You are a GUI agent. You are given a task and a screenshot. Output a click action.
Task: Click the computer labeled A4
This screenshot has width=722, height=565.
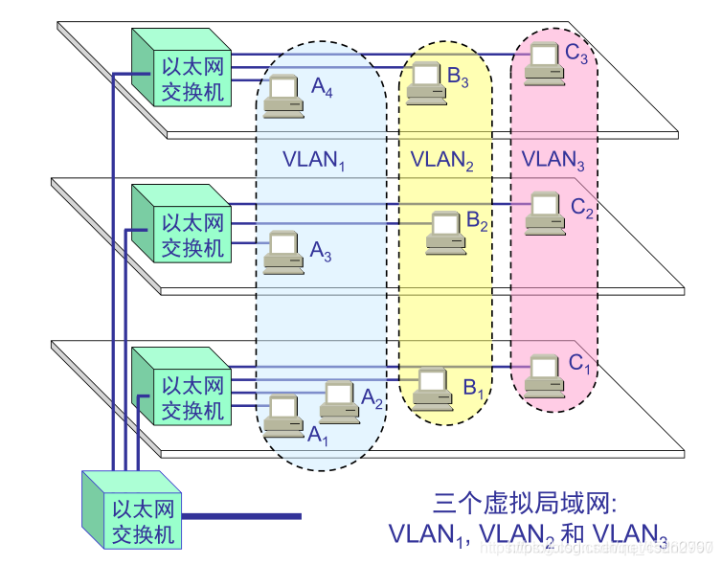[284, 95]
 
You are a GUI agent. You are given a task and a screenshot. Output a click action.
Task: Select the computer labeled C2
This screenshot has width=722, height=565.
[544, 212]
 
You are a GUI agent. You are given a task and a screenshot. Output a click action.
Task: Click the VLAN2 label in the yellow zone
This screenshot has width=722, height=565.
[441, 159]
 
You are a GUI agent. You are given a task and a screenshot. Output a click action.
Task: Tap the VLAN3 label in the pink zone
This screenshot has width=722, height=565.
[553, 159]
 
